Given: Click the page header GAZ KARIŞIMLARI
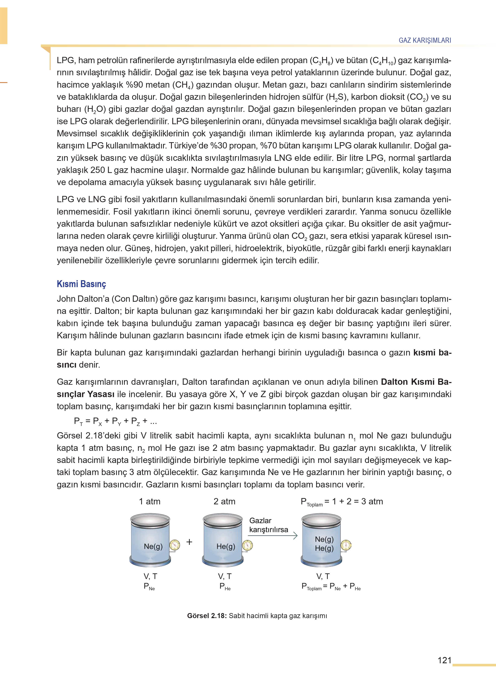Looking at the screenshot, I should [425, 40].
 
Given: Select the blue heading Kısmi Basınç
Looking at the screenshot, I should [81, 284].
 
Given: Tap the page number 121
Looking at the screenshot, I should [444, 660].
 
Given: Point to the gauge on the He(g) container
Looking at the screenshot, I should [247, 545].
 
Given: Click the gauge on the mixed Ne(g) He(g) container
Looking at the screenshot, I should [346, 545].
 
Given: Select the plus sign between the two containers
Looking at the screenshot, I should [189, 542].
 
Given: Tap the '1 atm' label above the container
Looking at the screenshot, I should [150, 501].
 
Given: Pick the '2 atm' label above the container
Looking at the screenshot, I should [225, 501].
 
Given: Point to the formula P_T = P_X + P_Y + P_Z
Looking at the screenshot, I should [115, 421].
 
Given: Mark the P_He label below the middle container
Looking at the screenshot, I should [225, 586].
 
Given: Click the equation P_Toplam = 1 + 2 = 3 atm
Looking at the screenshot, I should [341, 502].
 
